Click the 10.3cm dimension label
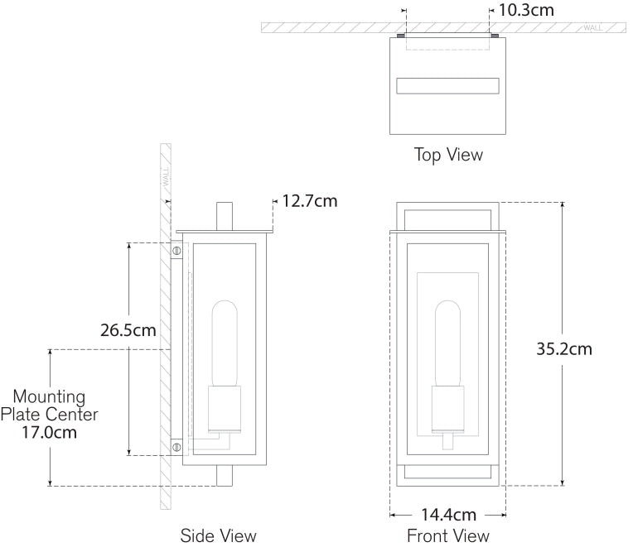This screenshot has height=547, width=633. pyautogui.click(x=525, y=10)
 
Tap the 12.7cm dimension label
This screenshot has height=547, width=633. pyautogui.click(x=309, y=200)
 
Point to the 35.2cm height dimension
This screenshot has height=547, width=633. pyautogui.click(x=563, y=348)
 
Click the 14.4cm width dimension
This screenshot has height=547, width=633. pyautogui.click(x=447, y=514)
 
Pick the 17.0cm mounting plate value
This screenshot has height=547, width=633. pyautogui.click(x=49, y=431)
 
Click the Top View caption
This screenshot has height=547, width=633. pyautogui.click(x=448, y=155)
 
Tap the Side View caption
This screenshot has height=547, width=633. pyautogui.click(x=219, y=535)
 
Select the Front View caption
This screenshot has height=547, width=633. pyautogui.click(x=447, y=535)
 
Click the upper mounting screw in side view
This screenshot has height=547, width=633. pyautogui.click(x=176, y=249)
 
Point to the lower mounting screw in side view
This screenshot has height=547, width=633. pyautogui.click(x=176, y=447)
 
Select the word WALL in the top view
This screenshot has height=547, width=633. pyautogui.click(x=593, y=27)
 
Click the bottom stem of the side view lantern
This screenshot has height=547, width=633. pyautogui.click(x=223, y=476)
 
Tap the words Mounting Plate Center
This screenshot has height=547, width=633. pyautogui.click(x=49, y=405)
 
